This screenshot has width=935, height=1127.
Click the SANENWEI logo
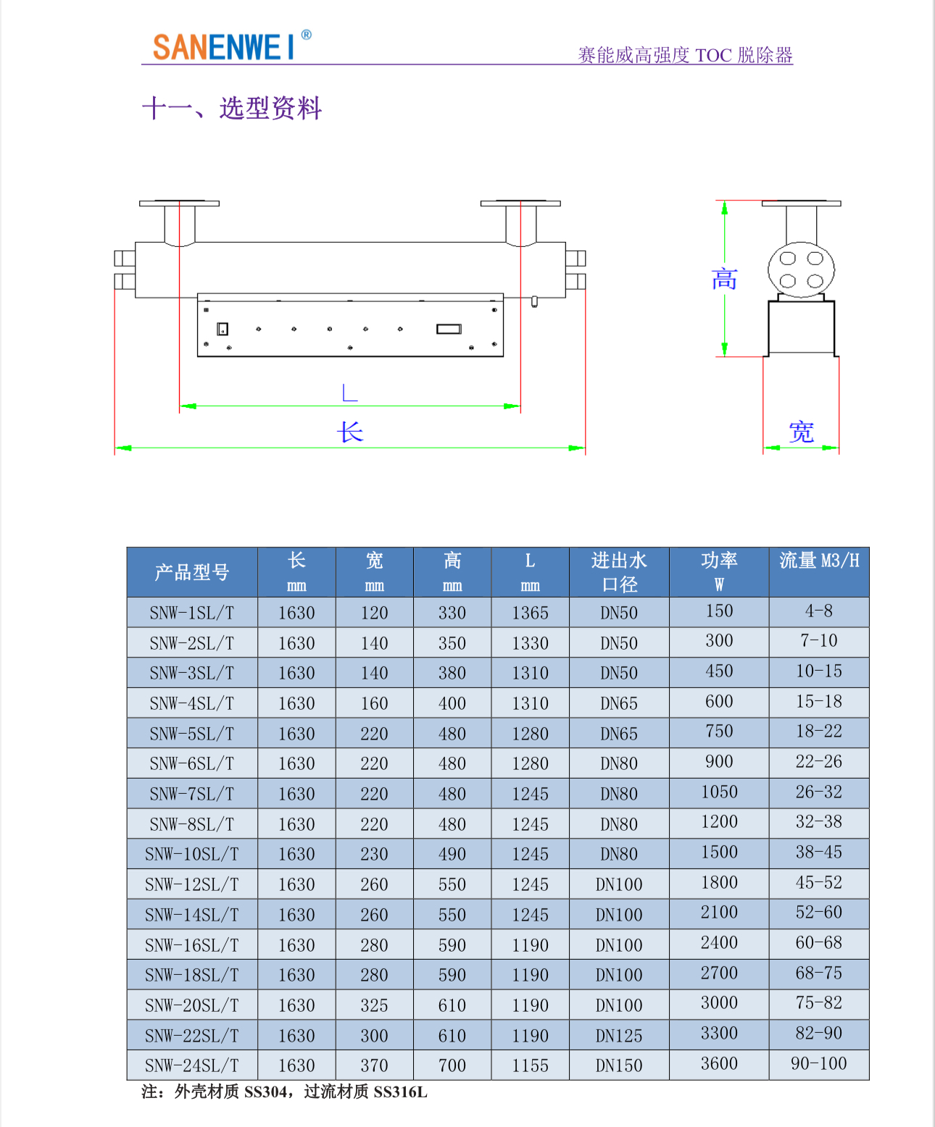click(x=232, y=46)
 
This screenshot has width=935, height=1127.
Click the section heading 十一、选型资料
click(x=232, y=108)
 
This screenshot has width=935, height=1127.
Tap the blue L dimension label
click(x=350, y=393)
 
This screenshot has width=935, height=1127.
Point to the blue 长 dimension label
click(x=350, y=432)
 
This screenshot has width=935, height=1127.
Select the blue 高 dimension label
click(x=724, y=279)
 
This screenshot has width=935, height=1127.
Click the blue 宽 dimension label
click(x=801, y=432)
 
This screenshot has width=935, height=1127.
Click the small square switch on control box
click(x=223, y=329)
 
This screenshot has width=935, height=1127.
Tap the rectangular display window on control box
click(x=449, y=329)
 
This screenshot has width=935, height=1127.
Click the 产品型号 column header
click(x=192, y=572)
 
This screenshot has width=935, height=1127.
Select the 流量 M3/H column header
click(x=819, y=561)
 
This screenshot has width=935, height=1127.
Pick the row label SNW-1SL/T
click(x=192, y=613)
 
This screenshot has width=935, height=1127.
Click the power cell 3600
click(x=719, y=1063)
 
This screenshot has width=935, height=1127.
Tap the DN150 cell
click(x=619, y=1065)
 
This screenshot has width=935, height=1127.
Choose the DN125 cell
click(x=619, y=1036)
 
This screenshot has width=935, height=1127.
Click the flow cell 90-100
click(x=819, y=1063)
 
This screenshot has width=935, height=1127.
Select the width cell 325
click(x=374, y=1005)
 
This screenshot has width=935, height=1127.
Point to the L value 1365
click(x=530, y=613)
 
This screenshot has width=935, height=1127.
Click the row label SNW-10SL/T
click(x=192, y=854)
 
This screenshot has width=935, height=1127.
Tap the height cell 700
click(x=452, y=1065)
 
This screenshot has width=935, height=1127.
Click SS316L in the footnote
click(x=400, y=1092)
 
